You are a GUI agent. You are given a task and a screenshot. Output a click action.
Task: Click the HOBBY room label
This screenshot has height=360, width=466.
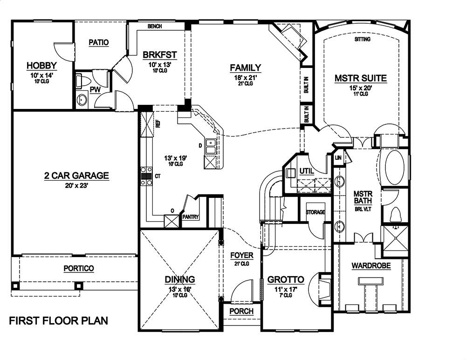[x=41, y=66]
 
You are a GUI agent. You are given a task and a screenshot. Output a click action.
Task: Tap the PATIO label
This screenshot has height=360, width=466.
[x=98, y=42]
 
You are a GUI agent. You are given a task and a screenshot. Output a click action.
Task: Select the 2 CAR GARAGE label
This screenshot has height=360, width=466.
[x=76, y=176]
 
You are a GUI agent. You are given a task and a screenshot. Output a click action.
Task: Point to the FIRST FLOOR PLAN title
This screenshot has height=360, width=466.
[x=59, y=321]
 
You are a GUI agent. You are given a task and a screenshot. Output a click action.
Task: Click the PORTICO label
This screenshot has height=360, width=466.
[x=78, y=269]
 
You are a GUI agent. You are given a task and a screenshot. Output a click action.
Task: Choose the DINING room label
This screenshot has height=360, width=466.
[x=179, y=279]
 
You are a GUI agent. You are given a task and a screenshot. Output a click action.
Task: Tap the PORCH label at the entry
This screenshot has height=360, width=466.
[x=242, y=311]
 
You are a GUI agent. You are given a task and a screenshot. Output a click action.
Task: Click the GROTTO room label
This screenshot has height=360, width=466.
[x=285, y=280]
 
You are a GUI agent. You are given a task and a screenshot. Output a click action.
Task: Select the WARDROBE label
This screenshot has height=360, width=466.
[x=371, y=266]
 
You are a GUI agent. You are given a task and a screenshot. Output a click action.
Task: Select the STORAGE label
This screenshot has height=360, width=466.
[x=315, y=212]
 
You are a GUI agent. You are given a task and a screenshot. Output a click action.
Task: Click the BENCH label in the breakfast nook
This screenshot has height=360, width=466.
[x=154, y=27]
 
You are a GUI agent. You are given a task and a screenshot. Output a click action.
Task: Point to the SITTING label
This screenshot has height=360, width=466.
[x=362, y=40]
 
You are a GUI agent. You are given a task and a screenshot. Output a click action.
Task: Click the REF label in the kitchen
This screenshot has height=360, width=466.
[x=158, y=124]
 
